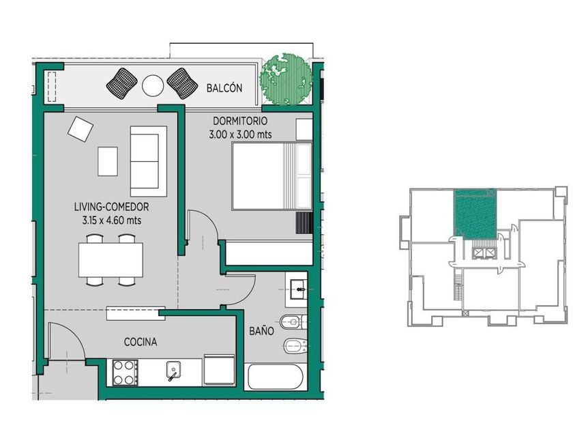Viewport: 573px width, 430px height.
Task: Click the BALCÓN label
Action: click(224, 88)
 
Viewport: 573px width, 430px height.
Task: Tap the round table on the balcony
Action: click(152, 85)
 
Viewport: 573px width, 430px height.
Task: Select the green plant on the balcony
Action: click(286, 79)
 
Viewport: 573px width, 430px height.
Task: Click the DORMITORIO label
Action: click(240, 121)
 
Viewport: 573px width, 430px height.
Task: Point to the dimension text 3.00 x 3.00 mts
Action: click(240, 134)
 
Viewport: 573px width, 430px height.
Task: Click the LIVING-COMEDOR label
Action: click(111, 207)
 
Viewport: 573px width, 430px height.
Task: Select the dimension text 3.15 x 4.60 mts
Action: click(112, 220)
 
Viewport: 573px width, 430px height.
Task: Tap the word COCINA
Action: click(141, 342)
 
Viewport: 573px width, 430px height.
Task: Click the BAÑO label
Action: click(262, 331)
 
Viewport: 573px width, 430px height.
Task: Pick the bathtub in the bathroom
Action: click(275, 377)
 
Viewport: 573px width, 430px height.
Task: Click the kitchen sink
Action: click(173, 370)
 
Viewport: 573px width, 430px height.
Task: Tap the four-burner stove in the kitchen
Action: click(125, 372)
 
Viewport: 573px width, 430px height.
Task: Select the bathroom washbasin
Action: click(299, 289)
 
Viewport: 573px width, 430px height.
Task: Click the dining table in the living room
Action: click(111, 260)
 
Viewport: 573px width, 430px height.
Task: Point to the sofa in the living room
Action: click(149, 161)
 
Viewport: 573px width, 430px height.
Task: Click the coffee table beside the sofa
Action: click(108, 161)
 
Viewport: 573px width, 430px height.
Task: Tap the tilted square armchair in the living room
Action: click(80, 129)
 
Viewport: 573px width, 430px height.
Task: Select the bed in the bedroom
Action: click(272, 176)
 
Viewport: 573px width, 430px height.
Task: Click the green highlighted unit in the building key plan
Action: click(475, 214)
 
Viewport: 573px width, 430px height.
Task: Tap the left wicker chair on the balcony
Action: click(122, 83)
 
